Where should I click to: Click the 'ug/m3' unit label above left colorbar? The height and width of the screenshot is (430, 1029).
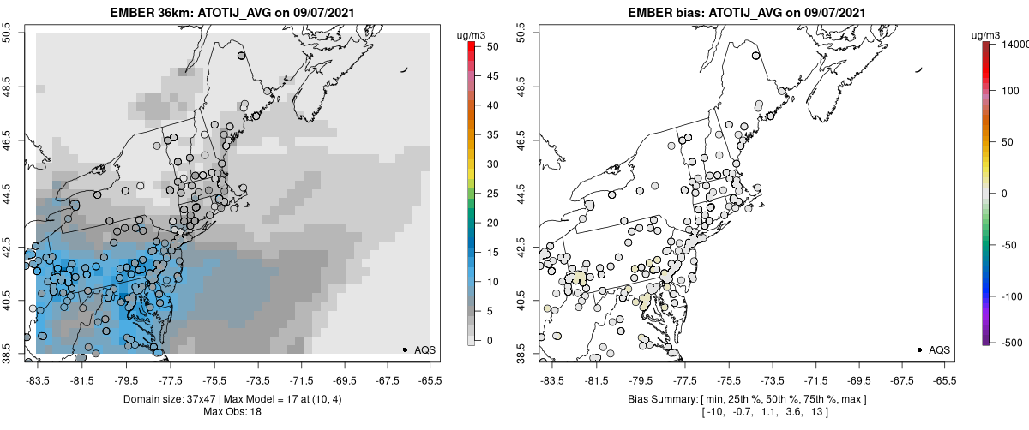tap(472, 35)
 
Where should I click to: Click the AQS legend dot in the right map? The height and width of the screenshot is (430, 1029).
tap(919, 350)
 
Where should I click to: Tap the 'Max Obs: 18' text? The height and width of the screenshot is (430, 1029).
tap(233, 412)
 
